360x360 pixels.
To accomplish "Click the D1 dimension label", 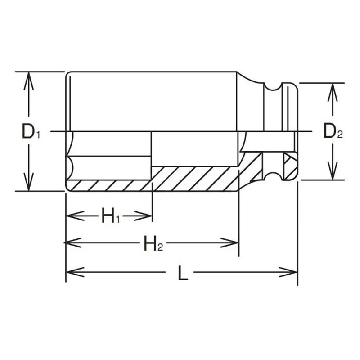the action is (x=31, y=131).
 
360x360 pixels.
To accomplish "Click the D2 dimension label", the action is (x=333, y=131).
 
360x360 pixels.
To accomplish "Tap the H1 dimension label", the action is (x=111, y=216).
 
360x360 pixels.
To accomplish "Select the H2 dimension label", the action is (x=153, y=243).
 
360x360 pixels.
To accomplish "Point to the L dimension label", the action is (x=183, y=273).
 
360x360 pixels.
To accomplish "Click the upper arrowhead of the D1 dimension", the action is (x=28, y=81).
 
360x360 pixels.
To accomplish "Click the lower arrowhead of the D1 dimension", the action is (x=28, y=182).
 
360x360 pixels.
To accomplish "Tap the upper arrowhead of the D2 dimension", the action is (x=333, y=92).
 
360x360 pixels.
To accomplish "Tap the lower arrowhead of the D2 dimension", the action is (x=333, y=171).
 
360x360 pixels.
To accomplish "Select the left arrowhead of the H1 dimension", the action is (x=75, y=216).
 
